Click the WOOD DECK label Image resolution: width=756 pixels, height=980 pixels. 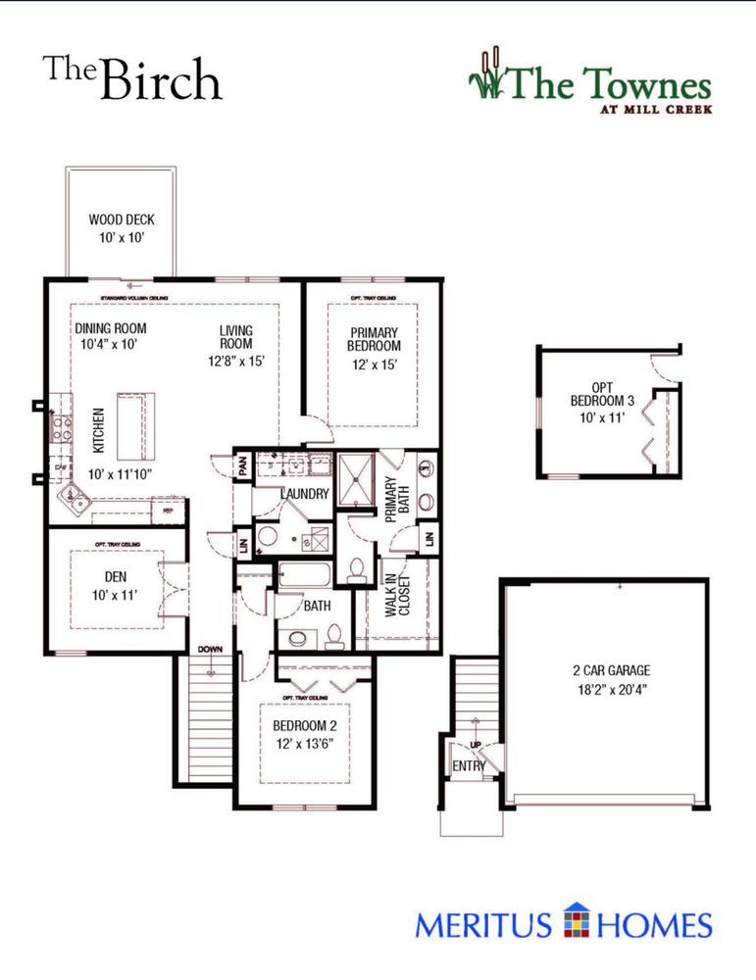point(122,220)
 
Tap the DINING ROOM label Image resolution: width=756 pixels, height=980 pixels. point(111,329)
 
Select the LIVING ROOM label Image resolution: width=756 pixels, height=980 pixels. point(236,337)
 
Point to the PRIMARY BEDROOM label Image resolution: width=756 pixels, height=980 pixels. point(374,339)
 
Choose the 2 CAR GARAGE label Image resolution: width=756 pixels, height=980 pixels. point(612,671)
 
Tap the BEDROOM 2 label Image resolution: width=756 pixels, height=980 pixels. point(304,726)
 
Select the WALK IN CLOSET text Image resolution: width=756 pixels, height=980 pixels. point(397,591)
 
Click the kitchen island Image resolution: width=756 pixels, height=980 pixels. point(135,425)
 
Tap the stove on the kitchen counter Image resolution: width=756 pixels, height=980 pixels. point(61,425)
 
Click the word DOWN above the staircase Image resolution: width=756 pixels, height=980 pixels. point(210,650)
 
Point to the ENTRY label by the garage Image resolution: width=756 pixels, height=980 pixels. point(468,765)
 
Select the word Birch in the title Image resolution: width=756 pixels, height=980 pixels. point(160,80)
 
